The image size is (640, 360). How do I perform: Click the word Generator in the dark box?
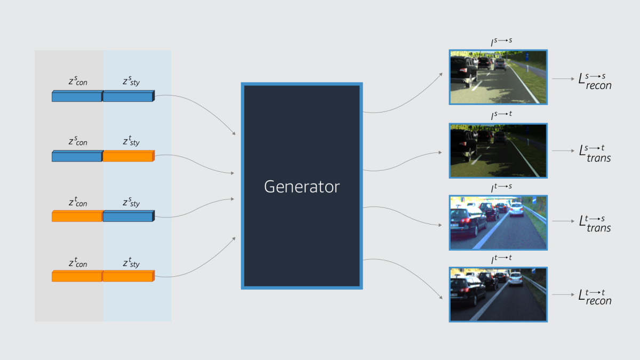(302, 187)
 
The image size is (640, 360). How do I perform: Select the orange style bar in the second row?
(128, 156)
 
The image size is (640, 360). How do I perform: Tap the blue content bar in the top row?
(77, 97)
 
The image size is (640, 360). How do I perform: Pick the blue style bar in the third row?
(128, 217)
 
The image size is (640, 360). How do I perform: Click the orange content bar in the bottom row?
(77, 276)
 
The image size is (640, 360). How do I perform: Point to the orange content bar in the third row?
(77, 217)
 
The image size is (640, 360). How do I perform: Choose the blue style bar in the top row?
(128, 97)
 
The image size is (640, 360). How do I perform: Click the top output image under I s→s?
(498, 77)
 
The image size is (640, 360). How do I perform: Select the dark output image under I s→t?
(498, 150)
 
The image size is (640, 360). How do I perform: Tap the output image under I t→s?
(498, 222)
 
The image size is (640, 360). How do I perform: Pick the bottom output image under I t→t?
(498, 294)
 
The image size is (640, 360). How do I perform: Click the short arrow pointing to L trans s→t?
(563, 151)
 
